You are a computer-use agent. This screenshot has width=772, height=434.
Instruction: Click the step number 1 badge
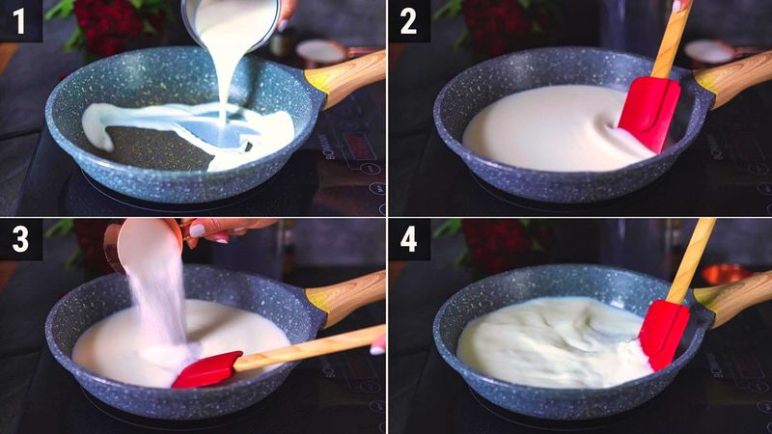20,20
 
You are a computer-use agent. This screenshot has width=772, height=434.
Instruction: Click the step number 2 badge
409,20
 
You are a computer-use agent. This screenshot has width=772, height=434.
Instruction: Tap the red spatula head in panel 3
207,369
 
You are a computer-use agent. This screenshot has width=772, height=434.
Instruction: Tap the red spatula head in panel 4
664,333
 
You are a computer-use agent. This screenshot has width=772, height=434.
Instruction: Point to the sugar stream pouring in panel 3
164,299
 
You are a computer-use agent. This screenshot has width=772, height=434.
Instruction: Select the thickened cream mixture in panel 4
550,342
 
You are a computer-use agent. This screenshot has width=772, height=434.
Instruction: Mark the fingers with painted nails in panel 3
217,230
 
